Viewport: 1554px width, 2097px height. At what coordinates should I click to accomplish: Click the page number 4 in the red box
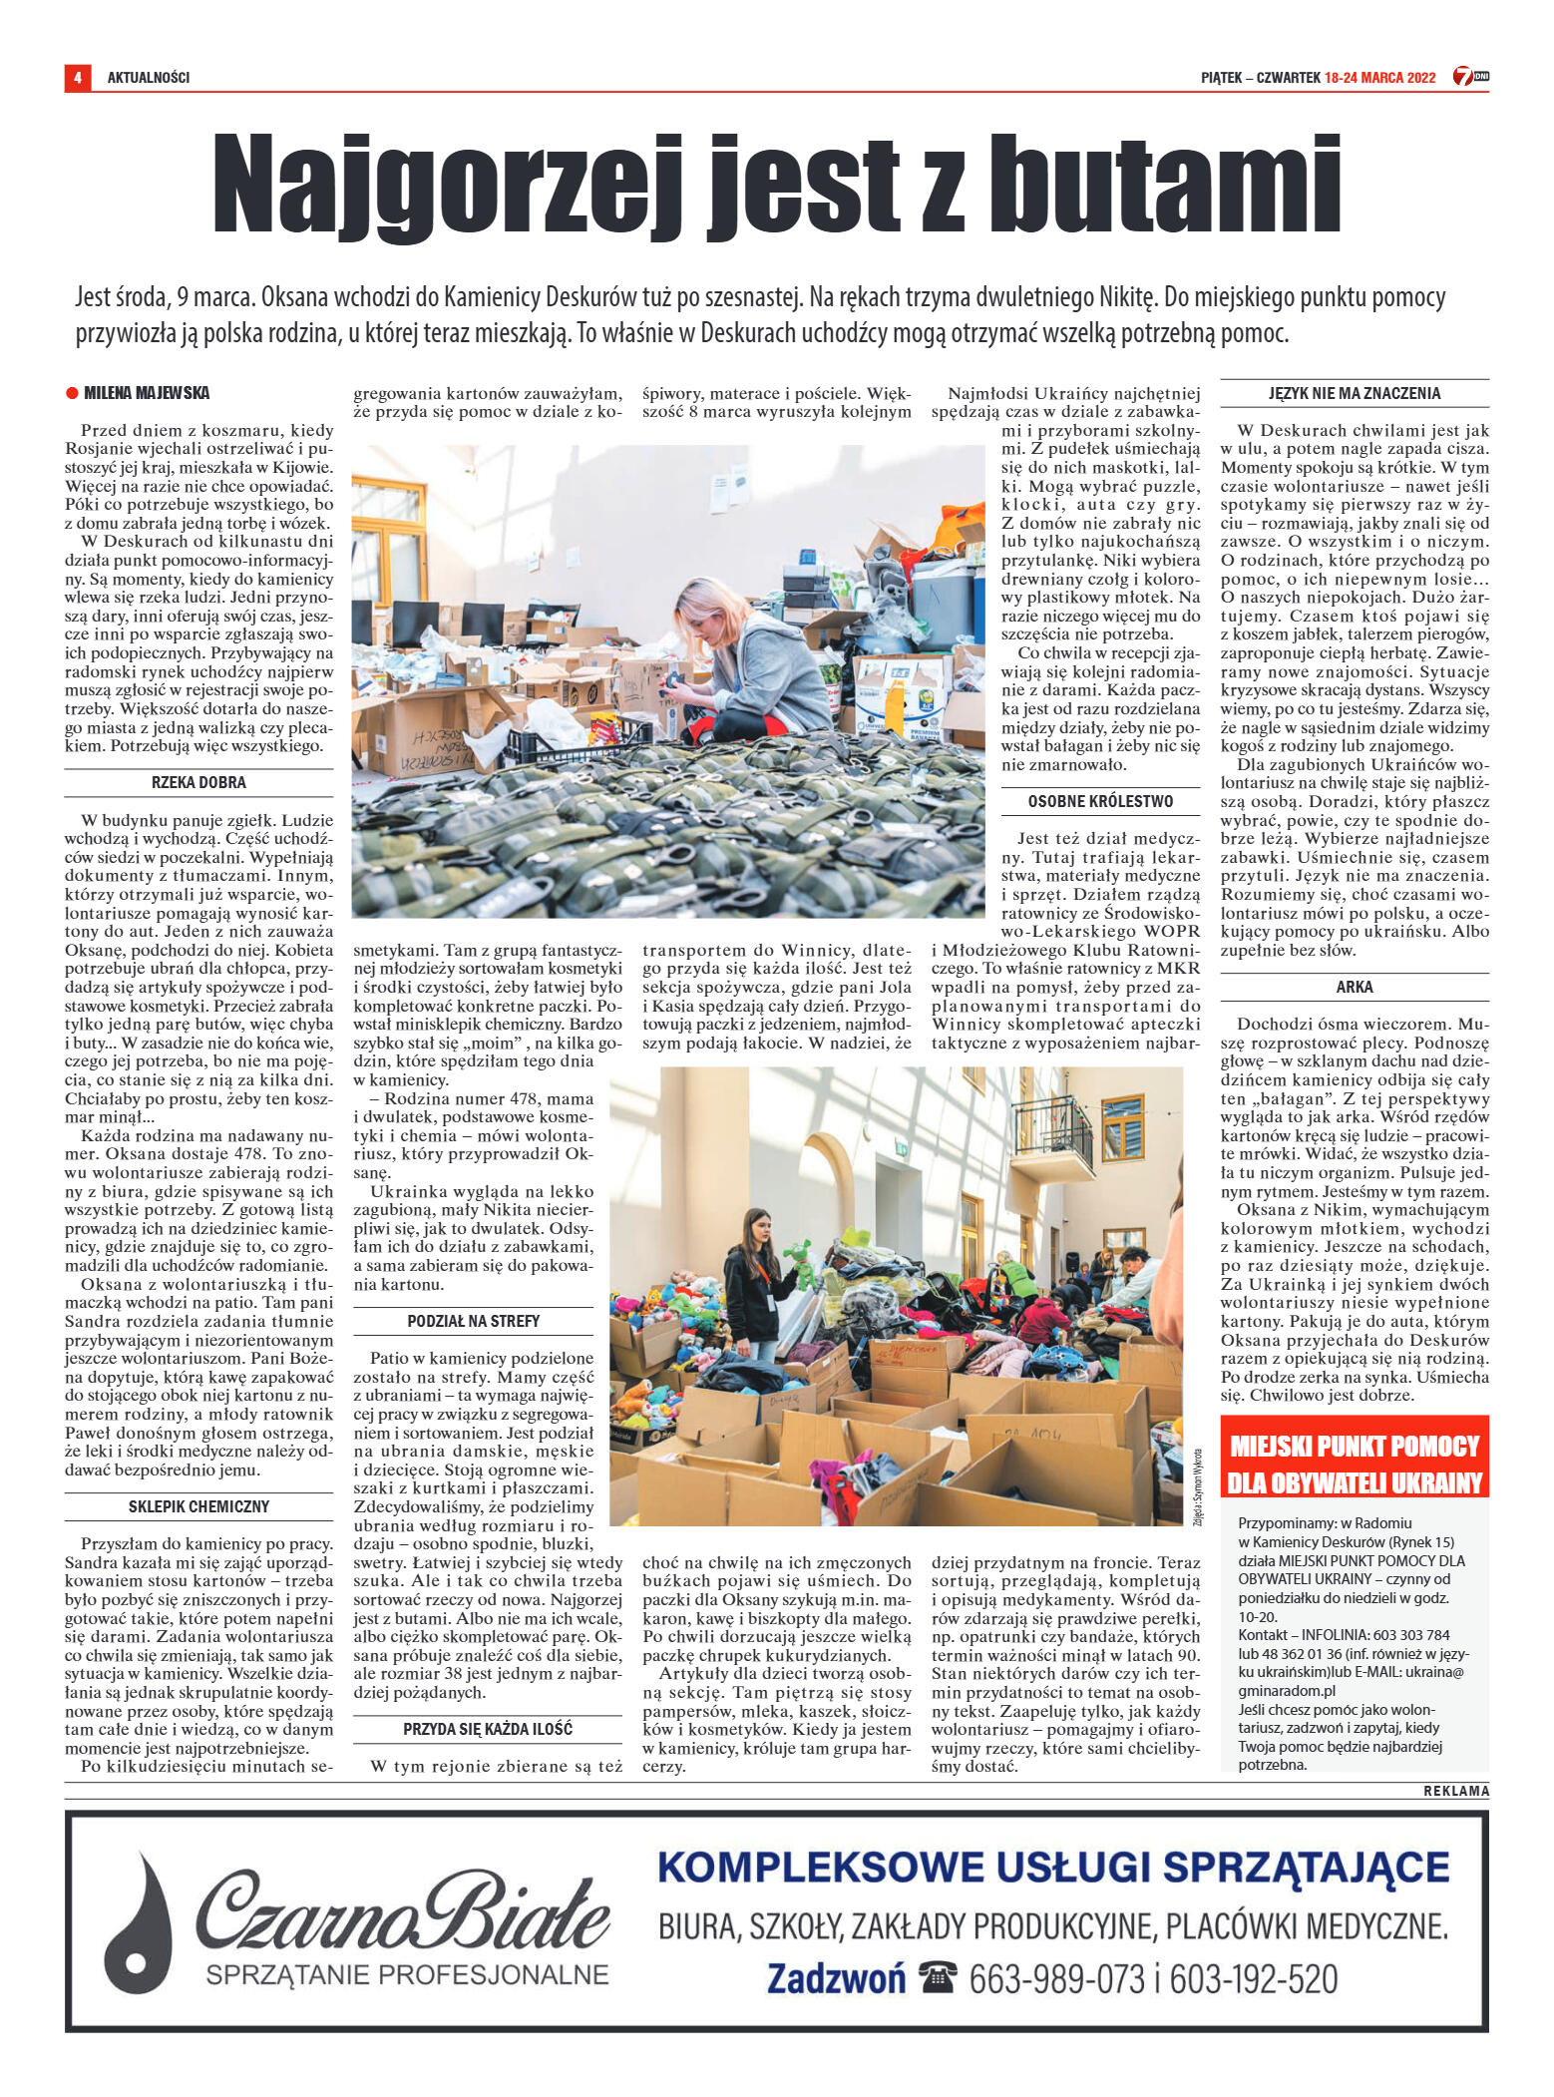[77, 77]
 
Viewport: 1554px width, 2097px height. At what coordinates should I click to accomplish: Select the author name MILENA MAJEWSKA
[146, 393]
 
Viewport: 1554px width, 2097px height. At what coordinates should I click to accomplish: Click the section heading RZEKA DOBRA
[198, 783]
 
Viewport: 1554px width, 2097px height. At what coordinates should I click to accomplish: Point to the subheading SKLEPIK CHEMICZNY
[198, 1506]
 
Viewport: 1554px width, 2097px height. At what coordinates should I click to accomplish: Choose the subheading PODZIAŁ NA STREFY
[473, 1321]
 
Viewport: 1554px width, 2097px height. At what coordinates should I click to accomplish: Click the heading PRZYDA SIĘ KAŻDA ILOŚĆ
[488, 1729]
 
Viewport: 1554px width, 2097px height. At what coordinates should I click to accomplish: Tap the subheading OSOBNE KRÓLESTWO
[1100, 801]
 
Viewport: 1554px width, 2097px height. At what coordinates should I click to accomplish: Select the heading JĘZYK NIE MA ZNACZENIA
[1354, 393]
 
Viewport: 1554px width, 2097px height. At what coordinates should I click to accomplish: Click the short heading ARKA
[1354, 987]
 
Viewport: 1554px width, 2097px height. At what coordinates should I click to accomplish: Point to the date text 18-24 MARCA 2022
[1379, 78]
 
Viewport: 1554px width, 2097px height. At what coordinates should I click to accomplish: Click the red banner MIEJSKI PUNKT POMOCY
[1354, 1464]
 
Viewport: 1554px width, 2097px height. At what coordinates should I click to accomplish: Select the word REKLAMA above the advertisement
[1455, 1791]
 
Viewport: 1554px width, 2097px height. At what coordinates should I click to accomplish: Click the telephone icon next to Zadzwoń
[938, 1977]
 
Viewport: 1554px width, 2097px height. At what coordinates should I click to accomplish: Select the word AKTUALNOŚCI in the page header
[148, 78]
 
